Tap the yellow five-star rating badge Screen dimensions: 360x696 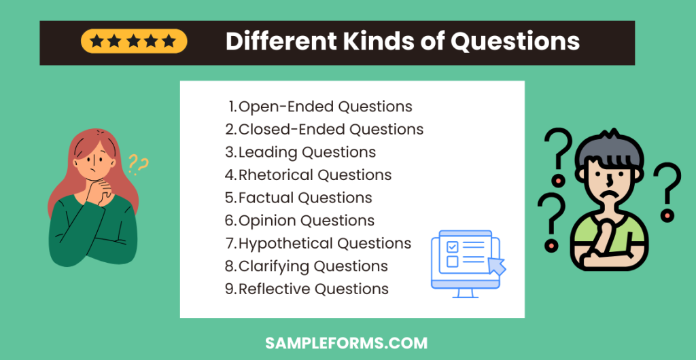pyautogui.click(x=133, y=41)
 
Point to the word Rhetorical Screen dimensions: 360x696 pyautogui.click(x=276, y=175)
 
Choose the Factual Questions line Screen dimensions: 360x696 pyautogui.click(x=299, y=198)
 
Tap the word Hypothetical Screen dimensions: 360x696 pyautogui.click(x=285, y=243)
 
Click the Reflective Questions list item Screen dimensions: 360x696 pyautogui.click(x=307, y=289)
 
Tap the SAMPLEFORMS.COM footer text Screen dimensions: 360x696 pyautogui.click(x=347, y=343)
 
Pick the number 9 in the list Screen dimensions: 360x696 pyautogui.click(x=230, y=289)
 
